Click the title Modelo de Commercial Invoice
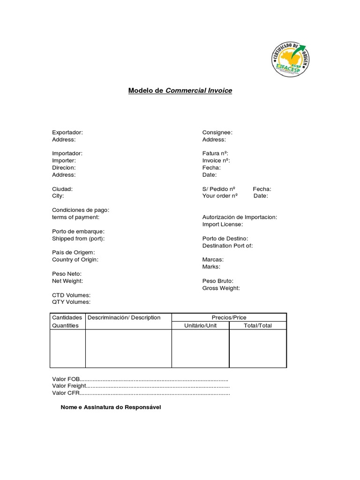180,90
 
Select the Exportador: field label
67,133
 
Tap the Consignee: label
217,133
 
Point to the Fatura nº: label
216,153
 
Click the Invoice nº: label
216,160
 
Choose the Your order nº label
220,196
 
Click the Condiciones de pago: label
81,210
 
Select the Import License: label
223,225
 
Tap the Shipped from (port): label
78,239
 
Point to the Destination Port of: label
227,246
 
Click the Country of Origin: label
75,260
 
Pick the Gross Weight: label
221,288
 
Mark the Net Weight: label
67,281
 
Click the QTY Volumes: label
71,302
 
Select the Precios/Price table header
229,318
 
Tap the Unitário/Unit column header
200,325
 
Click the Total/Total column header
257,325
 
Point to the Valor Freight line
141,386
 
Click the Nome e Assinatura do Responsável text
111,407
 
